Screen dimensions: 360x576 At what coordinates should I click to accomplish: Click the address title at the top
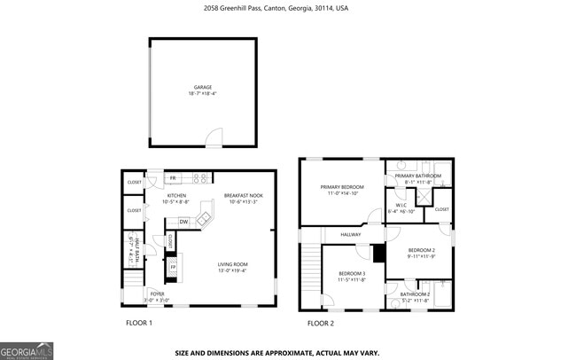click(x=287, y=8)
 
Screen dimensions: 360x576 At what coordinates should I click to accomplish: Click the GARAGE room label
click(x=202, y=88)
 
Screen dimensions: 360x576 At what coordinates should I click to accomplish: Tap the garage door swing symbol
click(x=213, y=138)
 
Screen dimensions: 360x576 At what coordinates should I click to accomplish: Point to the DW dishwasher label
click(x=183, y=222)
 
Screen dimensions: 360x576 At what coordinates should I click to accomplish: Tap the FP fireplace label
click(x=173, y=267)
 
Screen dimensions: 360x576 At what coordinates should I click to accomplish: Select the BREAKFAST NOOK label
click(x=242, y=195)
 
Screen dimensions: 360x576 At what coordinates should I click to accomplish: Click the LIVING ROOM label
click(x=233, y=263)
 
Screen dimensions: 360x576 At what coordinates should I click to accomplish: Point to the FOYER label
click(x=157, y=293)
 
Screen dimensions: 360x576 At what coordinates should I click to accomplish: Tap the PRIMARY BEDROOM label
click(x=342, y=187)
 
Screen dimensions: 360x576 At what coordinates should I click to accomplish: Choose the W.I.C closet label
click(x=401, y=206)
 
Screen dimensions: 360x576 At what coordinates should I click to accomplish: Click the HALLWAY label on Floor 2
click(x=351, y=234)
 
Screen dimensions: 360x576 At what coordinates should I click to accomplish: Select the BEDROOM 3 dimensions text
click(x=351, y=280)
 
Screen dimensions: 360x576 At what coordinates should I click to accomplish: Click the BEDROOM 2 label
click(x=421, y=250)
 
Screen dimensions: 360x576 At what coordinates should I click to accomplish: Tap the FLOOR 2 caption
click(x=321, y=323)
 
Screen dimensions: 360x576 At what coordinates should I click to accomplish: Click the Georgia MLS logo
click(x=27, y=349)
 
